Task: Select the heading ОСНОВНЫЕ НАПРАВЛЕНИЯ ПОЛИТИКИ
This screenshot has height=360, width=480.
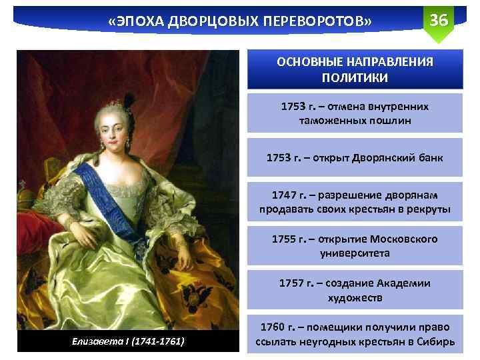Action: pyautogui.click(x=355, y=69)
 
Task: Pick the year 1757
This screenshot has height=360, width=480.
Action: pyautogui.click(x=291, y=283)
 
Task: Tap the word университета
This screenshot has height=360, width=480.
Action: pyautogui.click(x=355, y=254)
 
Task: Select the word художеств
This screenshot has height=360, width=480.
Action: pyautogui.click(x=355, y=298)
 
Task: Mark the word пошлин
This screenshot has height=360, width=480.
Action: pyautogui.click(x=396, y=121)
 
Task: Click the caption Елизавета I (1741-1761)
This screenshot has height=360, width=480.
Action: pyautogui.click(x=127, y=342)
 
